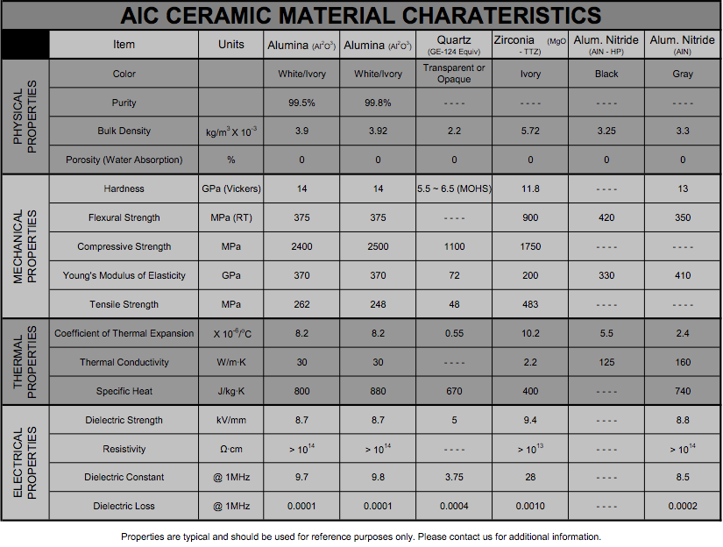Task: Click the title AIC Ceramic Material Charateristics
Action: pyautogui.click(x=361, y=15)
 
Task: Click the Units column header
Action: pyautogui.click(x=231, y=45)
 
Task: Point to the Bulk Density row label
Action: pyautogui.click(x=124, y=131)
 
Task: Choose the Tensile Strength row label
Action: pyautogui.click(x=124, y=304)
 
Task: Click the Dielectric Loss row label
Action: pyautogui.click(x=124, y=506)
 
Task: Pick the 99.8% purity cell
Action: pyautogui.click(x=378, y=103)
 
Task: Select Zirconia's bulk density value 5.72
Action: pyautogui.click(x=530, y=131)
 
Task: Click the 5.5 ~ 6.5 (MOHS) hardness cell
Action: pyautogui.click(x=453, y=188)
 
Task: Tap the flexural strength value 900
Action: pyautogui.click(x=530, y=217)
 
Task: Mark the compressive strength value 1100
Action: pyautogui.click(x=454, y=246)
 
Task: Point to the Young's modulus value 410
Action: pyautogui.click(x=683, y=275)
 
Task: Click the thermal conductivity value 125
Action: pyautogui.click(x=606, y=362)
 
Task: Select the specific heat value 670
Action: pyautogui.click(x=454, y=391)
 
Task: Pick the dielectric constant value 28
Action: pyautogui.click(x=530, y=477)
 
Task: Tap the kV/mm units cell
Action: pyautogui.click(x=231, y=420)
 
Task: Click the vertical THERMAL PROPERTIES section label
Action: pyautogui.click(x=25, y=362)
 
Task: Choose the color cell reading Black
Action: pyautogui.click(x=606, y=74)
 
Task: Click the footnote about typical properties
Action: pyautogui.click(x=361, y=536)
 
